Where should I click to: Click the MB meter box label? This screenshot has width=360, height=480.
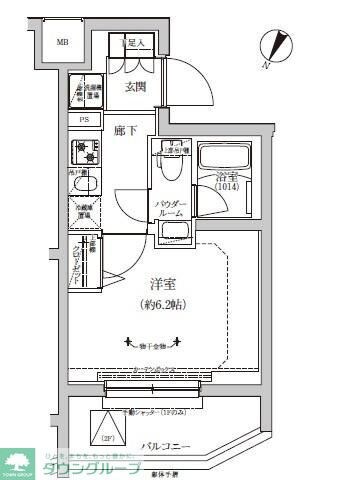click(62, 43)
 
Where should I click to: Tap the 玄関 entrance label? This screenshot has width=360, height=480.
click(135, 87)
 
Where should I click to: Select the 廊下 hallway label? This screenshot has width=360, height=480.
click(125, 131)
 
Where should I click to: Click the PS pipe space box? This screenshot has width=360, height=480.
click(84, 120)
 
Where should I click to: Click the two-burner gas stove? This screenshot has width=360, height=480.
click(84, 152)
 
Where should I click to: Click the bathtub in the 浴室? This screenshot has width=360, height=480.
click(225, 159)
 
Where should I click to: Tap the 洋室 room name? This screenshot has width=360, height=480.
click(150, 284)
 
